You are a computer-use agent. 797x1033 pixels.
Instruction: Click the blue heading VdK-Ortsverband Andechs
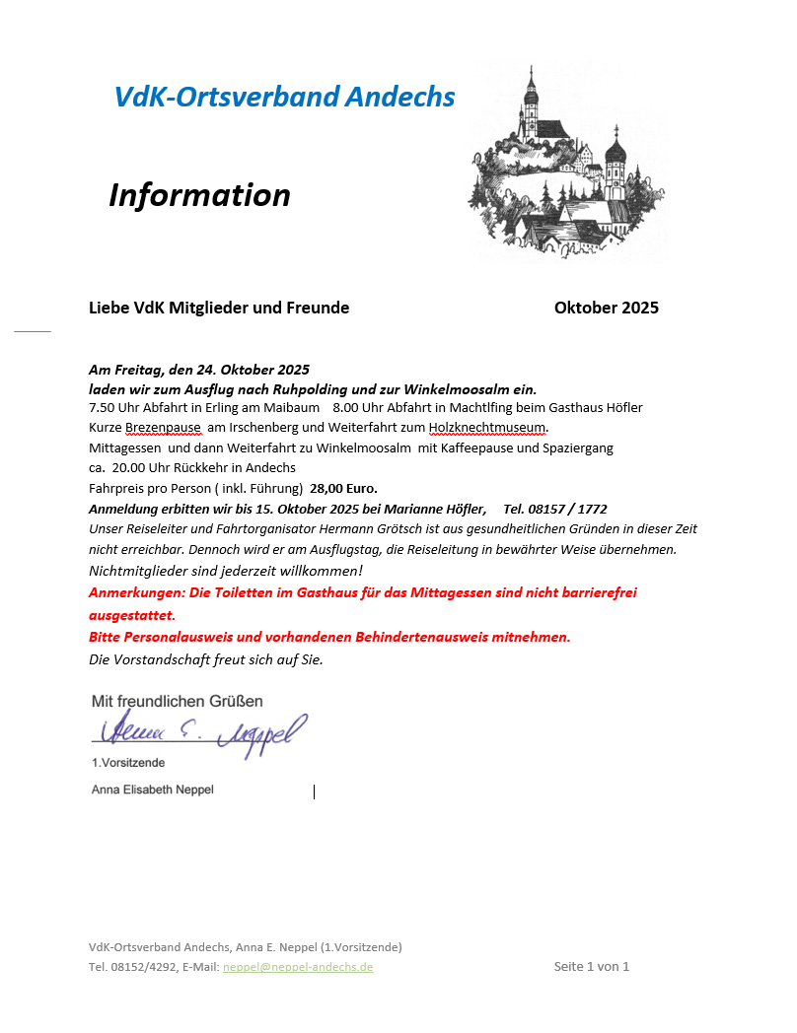click(284, 97)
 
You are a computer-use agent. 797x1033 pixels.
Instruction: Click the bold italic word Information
click(199, 195)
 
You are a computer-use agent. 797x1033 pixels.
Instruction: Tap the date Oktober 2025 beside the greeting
click(606, 308)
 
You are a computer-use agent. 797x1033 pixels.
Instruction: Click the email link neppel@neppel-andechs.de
click(298, 967)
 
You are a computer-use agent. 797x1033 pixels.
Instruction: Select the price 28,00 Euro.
click(343, 488)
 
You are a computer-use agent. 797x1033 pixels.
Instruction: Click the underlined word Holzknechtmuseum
click(486, 428)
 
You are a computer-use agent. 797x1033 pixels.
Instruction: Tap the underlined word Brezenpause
click(163, 428)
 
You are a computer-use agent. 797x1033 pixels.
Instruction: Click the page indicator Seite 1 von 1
click(591, 966)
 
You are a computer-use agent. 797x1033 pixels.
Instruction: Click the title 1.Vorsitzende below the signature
click(128, 763)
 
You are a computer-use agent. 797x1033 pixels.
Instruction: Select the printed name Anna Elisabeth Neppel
click(152, 790)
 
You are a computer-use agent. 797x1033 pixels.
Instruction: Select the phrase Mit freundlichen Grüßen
click(177, 702)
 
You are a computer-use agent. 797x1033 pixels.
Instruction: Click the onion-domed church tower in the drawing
click(616, 158)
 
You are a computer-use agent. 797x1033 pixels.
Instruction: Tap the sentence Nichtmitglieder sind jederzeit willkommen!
click(226, 571)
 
